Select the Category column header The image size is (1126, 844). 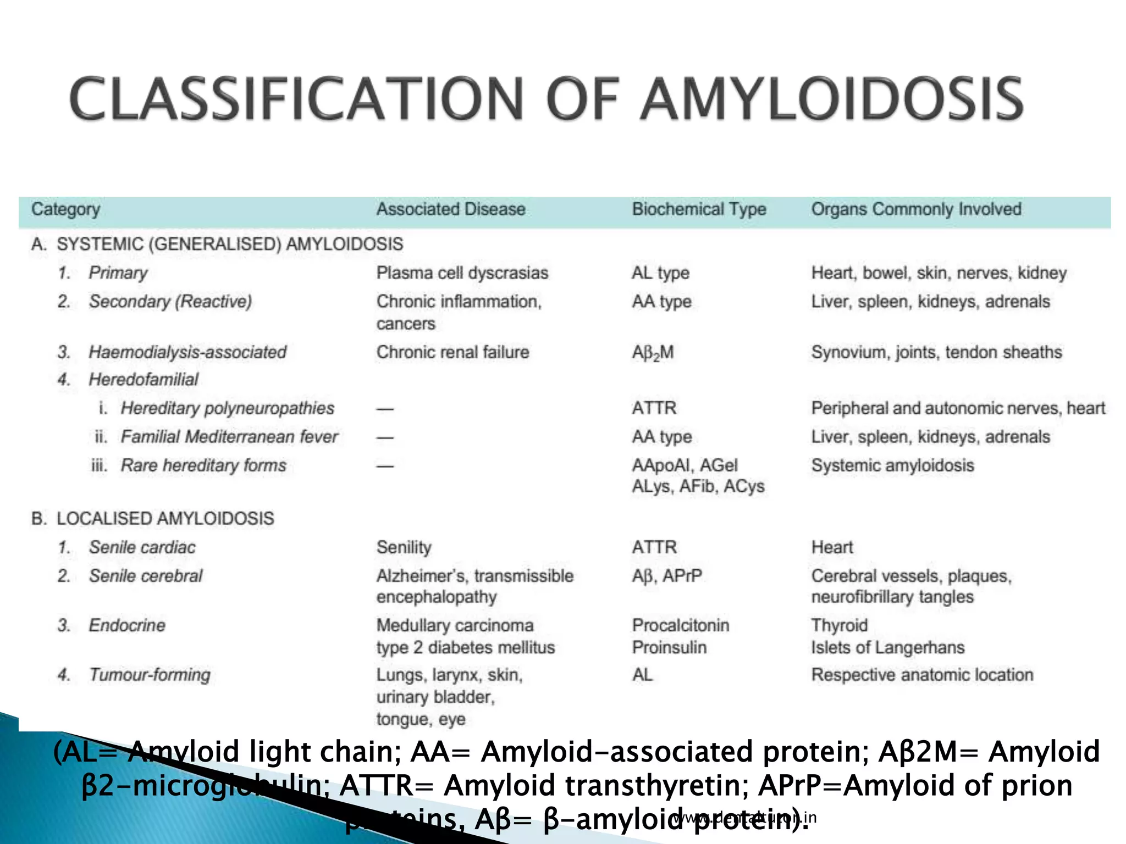65,209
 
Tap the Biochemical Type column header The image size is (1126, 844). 699,209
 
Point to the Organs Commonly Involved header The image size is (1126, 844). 916,209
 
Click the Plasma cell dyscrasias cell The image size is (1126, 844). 462,273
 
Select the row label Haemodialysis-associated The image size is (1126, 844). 187,352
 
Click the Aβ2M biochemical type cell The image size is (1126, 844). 653,353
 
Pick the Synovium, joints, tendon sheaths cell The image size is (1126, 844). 936,352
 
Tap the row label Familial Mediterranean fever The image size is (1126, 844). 229,437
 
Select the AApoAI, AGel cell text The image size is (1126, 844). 685,465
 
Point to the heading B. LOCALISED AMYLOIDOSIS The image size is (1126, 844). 152,519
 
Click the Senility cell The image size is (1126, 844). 404,547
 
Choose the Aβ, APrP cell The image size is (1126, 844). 667,576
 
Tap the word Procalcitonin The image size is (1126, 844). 681,625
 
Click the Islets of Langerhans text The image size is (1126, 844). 887,647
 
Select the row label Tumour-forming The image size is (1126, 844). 150,675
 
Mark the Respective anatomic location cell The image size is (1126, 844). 922,675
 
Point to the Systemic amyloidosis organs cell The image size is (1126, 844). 892,465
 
